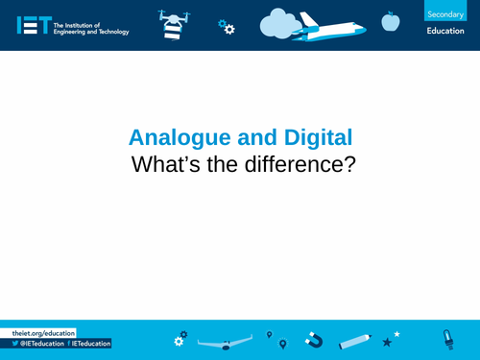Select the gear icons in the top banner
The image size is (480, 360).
[227, 27]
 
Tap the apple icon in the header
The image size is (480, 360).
[390, 21]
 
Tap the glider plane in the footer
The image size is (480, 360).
[227, 342]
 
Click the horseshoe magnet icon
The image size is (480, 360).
[313, 339]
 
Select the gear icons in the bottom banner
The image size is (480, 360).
[180, 339]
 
